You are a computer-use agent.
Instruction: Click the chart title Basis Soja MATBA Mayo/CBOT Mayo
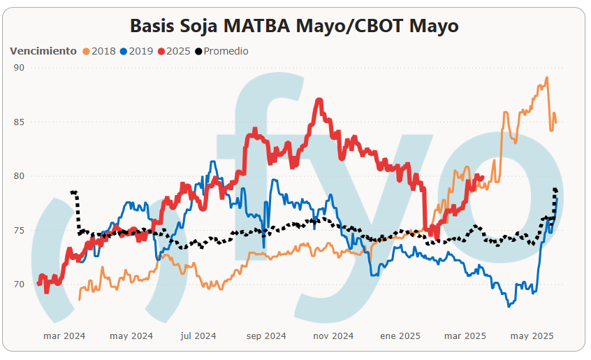[x=294, y=26]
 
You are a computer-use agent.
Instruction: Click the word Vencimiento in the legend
[x=43, y=51]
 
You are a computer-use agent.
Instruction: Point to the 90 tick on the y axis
[x=18, y=68]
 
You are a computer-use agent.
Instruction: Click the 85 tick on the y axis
[x=18, y=122]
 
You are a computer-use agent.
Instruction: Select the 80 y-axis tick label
[x=18, y=176]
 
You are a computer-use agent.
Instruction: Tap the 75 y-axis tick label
[x=18, y=231]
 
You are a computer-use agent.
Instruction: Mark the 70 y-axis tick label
[x=18, y=285]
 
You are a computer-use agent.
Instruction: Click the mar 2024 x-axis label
[x=64, y=336]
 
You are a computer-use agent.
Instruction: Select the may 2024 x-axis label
[x=131, y=336]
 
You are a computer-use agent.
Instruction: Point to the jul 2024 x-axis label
[x=198, y=336]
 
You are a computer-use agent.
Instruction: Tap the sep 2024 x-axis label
[x=265, y=336]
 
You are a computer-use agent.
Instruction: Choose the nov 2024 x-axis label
[x=333, y=336]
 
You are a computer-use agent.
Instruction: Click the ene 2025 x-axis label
[x=400, y=336]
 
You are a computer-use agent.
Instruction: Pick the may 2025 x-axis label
[x=533, y=336]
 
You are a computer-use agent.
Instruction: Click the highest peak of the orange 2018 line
[x=546, y=78]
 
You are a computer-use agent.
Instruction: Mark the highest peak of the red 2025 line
[x=319, y=100]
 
